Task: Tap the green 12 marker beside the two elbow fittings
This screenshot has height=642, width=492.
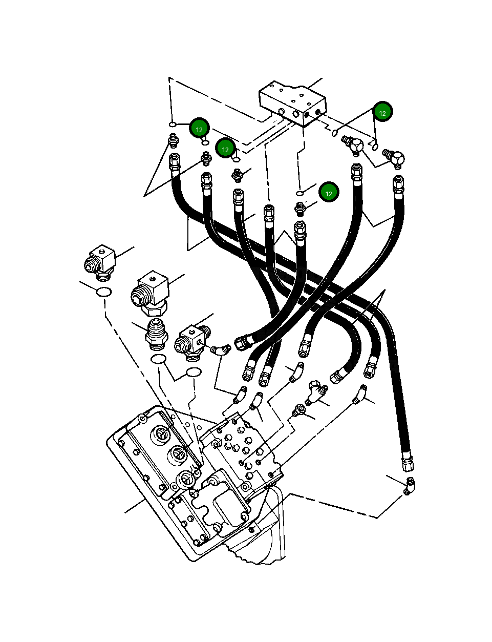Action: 382,112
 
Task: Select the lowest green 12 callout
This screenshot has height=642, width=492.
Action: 329,193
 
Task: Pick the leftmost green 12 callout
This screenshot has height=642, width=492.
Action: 199,129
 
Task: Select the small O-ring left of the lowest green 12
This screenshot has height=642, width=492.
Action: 300,193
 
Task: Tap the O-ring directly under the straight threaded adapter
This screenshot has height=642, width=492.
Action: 158,359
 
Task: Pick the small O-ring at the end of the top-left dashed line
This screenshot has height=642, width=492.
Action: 173,125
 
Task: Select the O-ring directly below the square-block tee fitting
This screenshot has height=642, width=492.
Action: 193,371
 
